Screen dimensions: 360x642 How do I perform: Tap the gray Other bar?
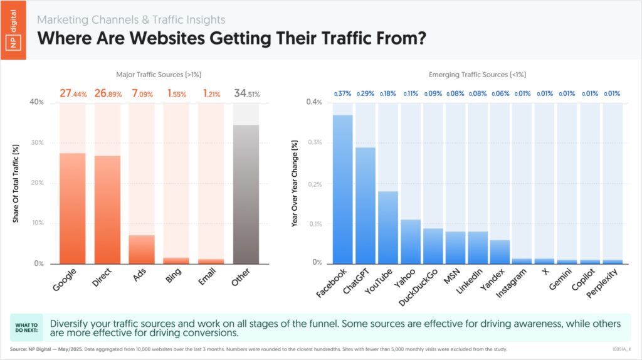pyautogui.click(x=246, y=194)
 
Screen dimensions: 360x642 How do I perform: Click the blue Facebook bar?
pyautogui.click(x=343, y=189)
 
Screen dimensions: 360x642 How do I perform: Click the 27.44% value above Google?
pyautogui.click(x=73, y=93)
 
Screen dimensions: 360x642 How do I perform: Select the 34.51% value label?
pyautogui.click(x=246, y=93)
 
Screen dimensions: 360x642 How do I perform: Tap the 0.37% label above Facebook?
pyautogui.click(x=343, y=93)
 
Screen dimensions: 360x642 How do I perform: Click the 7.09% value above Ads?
pyautogui.click(x=142, y=93)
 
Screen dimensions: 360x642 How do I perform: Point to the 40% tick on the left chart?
pyautogui.click(x=37, y=102)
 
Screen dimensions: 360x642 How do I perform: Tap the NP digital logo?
pyautogui.click(x=13, y=29)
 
